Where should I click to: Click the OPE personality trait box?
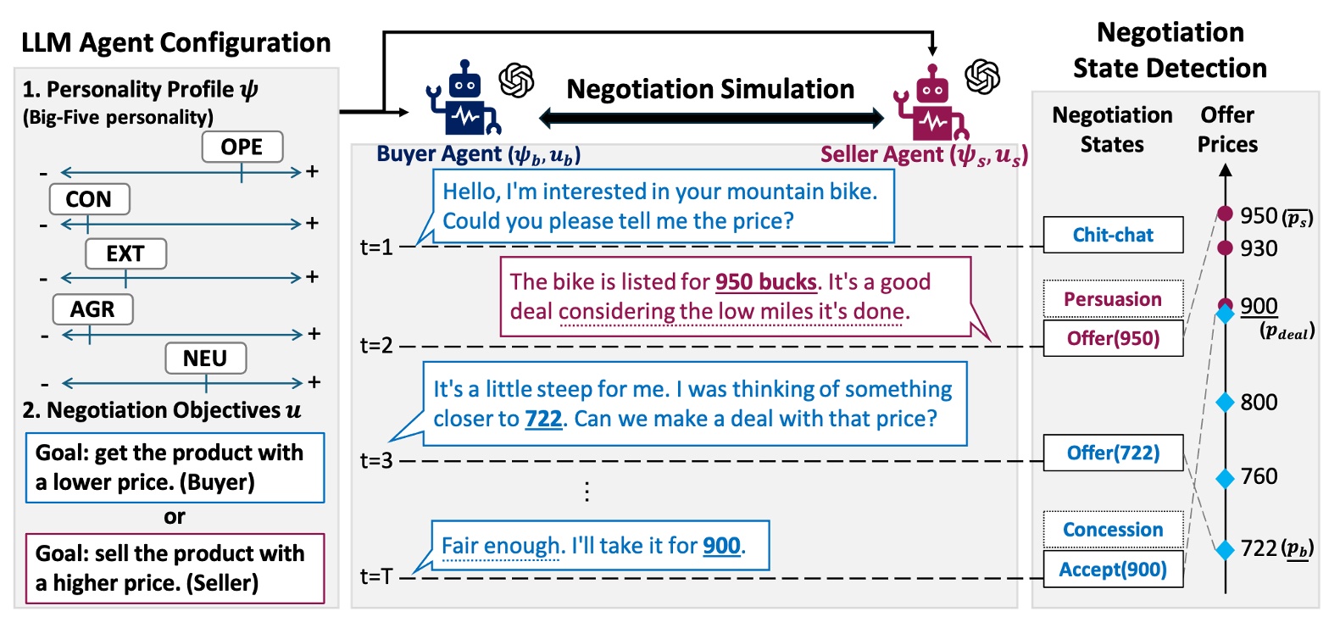[x=242, y=147]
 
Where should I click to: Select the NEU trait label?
[x=205, y=358]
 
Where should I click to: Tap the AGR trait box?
[x=92, y=309]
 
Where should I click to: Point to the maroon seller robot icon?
[x=931, y=103]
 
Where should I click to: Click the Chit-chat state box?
[x=1113, y=235]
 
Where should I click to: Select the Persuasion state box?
[x=1113, y=298]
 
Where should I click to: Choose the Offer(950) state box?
[x=1113, y=338]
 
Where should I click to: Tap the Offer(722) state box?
[x=1113, y=453]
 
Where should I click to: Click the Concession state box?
[x=1113, y=530]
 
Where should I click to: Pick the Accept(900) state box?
[x=1113, y=569]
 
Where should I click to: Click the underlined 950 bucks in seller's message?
[x=765, y=282]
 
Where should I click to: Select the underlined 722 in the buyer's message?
[x=543, y=419]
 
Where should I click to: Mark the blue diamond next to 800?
[x=1225, y=402]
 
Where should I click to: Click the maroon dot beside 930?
[x=1225, y=247]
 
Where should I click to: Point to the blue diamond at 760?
[x=1225, y=478]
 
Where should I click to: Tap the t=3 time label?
[x=376, y=460]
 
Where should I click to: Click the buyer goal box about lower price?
[x=175, y=467]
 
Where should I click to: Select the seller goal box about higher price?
[x=175, y=569]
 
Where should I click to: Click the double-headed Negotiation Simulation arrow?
[x=711, y=118]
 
